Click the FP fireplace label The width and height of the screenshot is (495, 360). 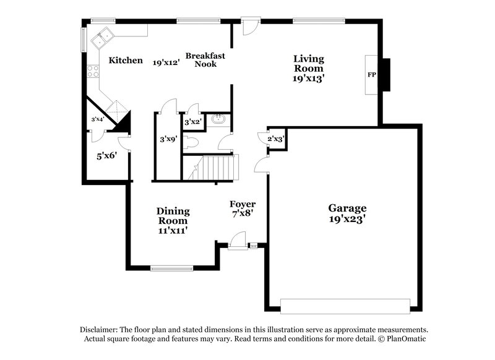pyautogui.click(x=372, y=74)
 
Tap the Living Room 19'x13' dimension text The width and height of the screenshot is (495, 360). pyautogui.click(x=308, y=79)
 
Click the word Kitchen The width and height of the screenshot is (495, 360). pyautogui.click(x=126, y=61)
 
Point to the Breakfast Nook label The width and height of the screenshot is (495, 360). pyautogui.click(x=205, y=59)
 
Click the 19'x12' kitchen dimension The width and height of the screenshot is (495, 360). pyautogui.click(x=166, y=61)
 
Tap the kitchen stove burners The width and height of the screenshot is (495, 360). pyautogui.click(x=93, y=71)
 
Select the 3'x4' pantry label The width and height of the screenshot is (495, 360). pyautogui.click(x=97, y=119)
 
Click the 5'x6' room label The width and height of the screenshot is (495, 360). pyautogui.click(x=107, y=156)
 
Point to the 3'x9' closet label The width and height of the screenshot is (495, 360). pyautogui.click(x=168, y=139)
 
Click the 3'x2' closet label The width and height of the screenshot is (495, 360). pyautogui.click(x=192, y=122)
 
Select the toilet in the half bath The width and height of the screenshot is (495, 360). pyautogui.click(x=191, y=142)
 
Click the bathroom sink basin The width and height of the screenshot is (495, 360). pyautogui.click(x=217, y=119)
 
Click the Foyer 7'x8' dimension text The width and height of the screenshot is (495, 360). pyautogui.click(x=243, y=213)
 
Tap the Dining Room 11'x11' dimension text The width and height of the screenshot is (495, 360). pyautogui.click(x=173, y=230)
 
